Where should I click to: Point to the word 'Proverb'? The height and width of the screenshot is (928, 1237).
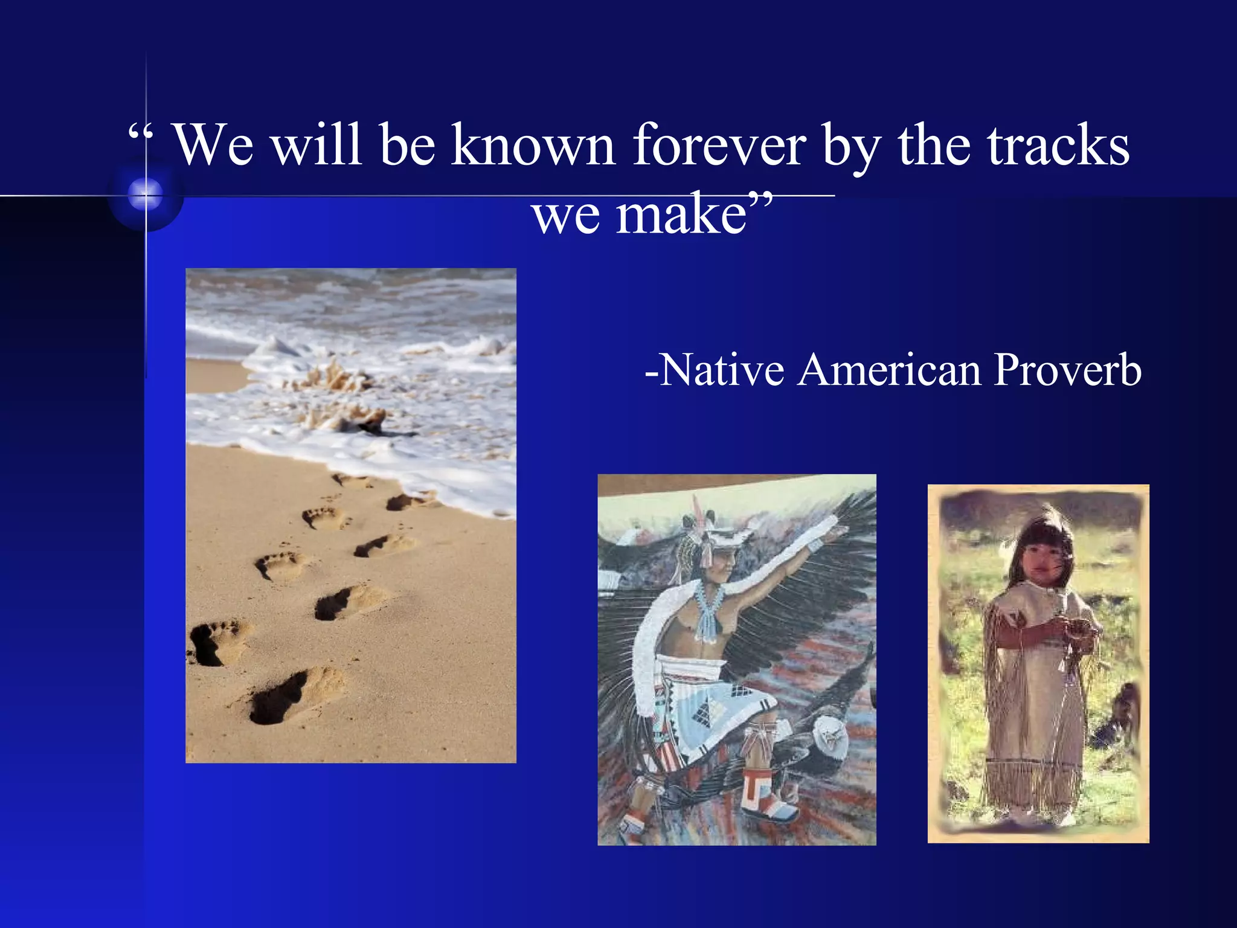click(1067, 370)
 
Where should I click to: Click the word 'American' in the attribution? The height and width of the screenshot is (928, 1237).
click(889, 370)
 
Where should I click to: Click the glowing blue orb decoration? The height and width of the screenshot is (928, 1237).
click(146, 195)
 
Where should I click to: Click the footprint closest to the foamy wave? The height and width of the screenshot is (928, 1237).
click(353, 480)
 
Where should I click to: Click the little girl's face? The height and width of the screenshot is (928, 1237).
click(1040, 559)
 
